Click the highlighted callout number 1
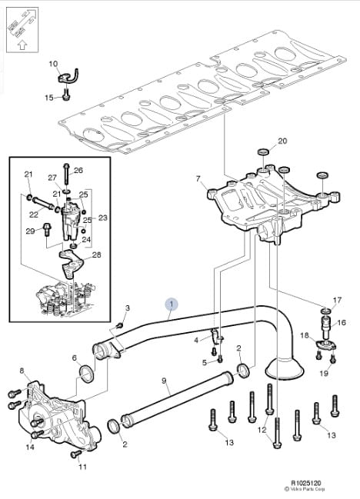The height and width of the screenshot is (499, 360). (x=172, y=304)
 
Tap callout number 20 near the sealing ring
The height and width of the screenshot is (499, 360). (x=282, y=141)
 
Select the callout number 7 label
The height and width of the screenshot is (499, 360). (x=198, y=179)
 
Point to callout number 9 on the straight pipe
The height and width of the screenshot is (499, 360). (x=165, y=381)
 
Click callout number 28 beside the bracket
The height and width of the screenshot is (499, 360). (x=96, y=254)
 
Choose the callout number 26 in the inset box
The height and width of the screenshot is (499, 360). (x=78, y=170)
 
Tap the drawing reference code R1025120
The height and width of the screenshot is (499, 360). (x=306, y=483)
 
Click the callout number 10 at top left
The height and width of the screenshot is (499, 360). (x=53, y=64)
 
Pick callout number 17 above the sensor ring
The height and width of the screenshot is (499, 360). (x=337, y=300)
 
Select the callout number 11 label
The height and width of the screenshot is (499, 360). (x=82, y=467)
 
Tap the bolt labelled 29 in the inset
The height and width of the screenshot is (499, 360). (x=47, y=229)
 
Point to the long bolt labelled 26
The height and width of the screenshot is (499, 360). (x=66, y=174)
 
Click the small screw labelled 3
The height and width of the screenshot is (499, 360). (x=120, y=325)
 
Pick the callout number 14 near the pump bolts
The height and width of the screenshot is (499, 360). (x=30, y=447)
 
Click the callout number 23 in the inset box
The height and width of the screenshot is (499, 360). (x=102, y=218)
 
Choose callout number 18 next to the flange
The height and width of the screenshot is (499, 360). (x=305, y=335)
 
